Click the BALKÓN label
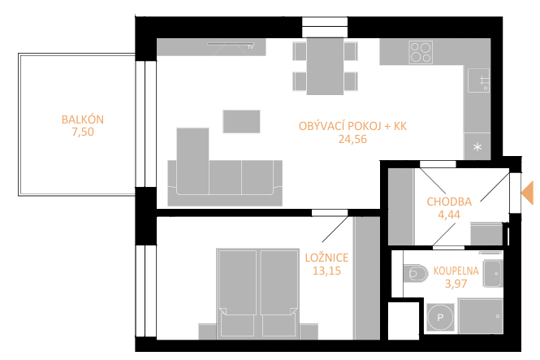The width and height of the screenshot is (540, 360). (83, 119)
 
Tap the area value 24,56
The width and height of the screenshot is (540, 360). (352, 139)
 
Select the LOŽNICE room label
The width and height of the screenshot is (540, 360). (326, 258)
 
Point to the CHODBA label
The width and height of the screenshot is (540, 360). (449, 202)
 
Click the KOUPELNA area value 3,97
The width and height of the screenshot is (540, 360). (456, 284)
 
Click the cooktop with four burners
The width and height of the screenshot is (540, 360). (421, 52)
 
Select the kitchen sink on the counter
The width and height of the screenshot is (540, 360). (478, 80)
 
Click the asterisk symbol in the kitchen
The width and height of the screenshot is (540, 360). (477, 147)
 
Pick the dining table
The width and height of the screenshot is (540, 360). (325, 66)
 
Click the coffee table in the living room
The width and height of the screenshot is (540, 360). (241, 121)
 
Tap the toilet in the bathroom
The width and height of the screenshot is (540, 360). (415, 274)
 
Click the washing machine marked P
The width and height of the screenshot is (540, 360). (440, 317)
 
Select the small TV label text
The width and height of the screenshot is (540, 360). (250, 47)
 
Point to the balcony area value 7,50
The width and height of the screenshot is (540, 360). (83, 132)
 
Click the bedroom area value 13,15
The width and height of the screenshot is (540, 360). (326, 271)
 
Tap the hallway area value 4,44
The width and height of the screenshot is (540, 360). (449, 215)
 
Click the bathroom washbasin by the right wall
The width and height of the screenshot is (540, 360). (493, 274)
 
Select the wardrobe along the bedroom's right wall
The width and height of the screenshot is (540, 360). (366, 278)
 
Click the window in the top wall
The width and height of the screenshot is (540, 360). (325, 27)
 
